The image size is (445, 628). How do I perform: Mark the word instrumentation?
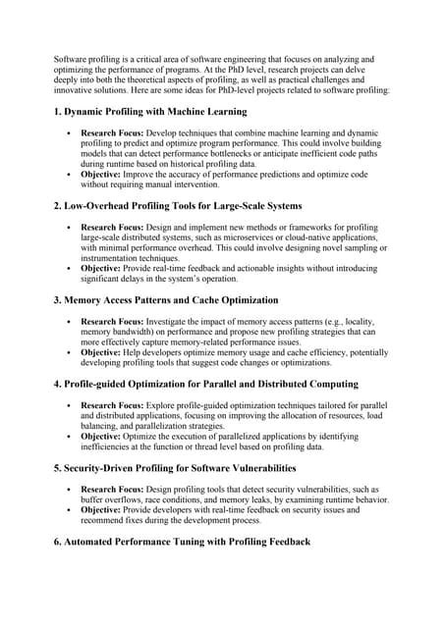click(113, 258)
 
